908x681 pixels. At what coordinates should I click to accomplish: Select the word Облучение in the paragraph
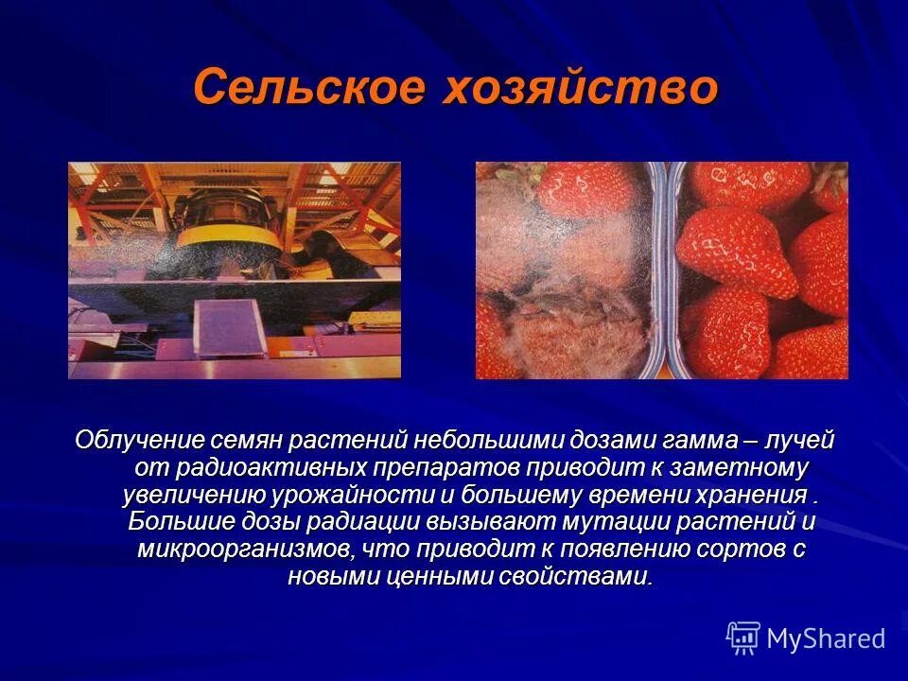[140, 440]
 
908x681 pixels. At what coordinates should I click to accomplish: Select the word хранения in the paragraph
[755, 495]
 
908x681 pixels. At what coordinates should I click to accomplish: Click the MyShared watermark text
[825, 638]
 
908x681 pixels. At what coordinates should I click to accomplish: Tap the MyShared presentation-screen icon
[743, 637]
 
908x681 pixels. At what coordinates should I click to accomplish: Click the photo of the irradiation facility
[234, 270]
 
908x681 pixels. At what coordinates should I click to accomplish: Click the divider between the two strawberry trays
[668, 270]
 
